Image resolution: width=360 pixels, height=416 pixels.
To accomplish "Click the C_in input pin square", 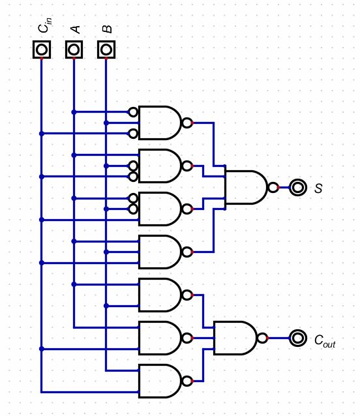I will pos(42,50).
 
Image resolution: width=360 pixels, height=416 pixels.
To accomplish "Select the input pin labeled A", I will pos(74,50).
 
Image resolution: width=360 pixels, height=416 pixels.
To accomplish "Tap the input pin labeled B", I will pos(106,50).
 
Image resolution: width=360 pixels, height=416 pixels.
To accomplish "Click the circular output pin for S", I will pos(298,188).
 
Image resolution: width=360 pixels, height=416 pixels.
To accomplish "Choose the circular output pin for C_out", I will pos(298,338).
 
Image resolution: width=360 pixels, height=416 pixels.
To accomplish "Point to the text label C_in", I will pos(44,27).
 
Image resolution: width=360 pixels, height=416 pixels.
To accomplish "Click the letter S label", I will pos(318,188).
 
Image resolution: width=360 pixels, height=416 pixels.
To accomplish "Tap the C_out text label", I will pos(324,340).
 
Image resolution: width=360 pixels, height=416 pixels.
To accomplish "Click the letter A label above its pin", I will pos(76,29).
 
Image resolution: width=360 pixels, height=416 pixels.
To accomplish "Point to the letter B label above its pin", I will pos(108,29).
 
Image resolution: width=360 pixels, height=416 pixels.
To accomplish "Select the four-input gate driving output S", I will pos(245,188).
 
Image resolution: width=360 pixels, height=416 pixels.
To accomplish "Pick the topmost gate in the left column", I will pos(159,123).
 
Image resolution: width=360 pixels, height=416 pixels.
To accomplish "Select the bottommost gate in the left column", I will pos(159,381).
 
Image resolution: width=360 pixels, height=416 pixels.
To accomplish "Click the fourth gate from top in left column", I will pos(159,252).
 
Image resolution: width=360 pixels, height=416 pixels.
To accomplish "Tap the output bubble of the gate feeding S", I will pos(273,188).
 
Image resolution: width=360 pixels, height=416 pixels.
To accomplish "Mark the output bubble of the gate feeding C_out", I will pos(262,338).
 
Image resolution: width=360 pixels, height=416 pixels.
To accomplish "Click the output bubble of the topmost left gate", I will pos(187,123).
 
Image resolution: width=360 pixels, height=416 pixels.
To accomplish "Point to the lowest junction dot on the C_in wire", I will pos(42,349).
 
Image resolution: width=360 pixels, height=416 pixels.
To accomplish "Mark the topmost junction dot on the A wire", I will pos(74,112).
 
